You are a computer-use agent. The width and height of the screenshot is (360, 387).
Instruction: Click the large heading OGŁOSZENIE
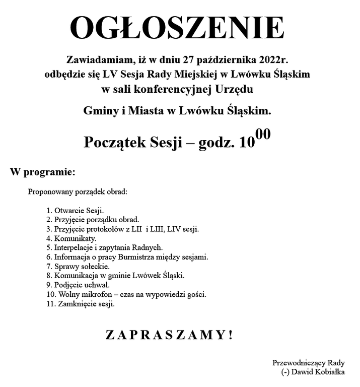tap(177, 28)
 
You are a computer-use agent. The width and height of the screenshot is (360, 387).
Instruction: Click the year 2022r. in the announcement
tap(273, 58)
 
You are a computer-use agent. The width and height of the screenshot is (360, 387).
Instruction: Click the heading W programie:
tap(43, 172)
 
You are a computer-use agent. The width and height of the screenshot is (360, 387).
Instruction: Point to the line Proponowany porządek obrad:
tap(78, 192)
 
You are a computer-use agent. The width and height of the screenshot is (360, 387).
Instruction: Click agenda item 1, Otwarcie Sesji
tap(75, 210)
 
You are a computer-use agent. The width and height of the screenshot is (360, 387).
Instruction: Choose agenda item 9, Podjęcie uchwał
tap(78, 285)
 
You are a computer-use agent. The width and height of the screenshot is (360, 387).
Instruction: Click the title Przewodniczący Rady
tap(308, 363)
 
